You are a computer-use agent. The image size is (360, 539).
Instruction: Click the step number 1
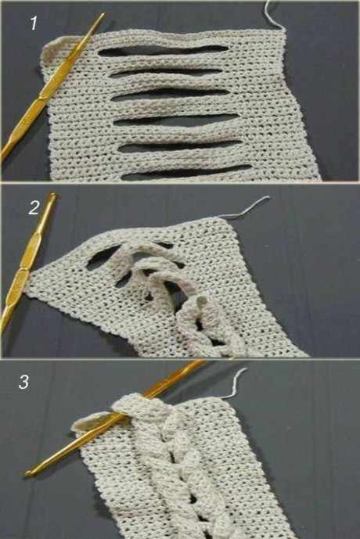coord(34,23)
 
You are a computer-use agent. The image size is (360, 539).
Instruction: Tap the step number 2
coord(34,208)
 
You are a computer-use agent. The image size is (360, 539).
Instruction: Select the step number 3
coord(23,382)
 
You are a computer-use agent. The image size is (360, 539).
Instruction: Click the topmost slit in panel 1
coord(164,51)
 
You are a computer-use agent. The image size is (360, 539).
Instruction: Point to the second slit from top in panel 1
coord(166,73)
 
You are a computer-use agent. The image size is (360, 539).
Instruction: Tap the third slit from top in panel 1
coord(171,94)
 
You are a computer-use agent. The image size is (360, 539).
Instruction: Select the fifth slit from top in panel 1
coord(180,146)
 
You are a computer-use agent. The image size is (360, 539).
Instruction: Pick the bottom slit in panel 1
coord(187,172)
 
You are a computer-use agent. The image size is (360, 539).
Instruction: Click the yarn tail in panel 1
coord(273,14)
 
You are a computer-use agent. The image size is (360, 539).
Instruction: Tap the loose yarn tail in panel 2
coord(245,207)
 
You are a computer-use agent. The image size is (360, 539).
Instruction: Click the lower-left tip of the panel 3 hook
coord(27,473)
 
